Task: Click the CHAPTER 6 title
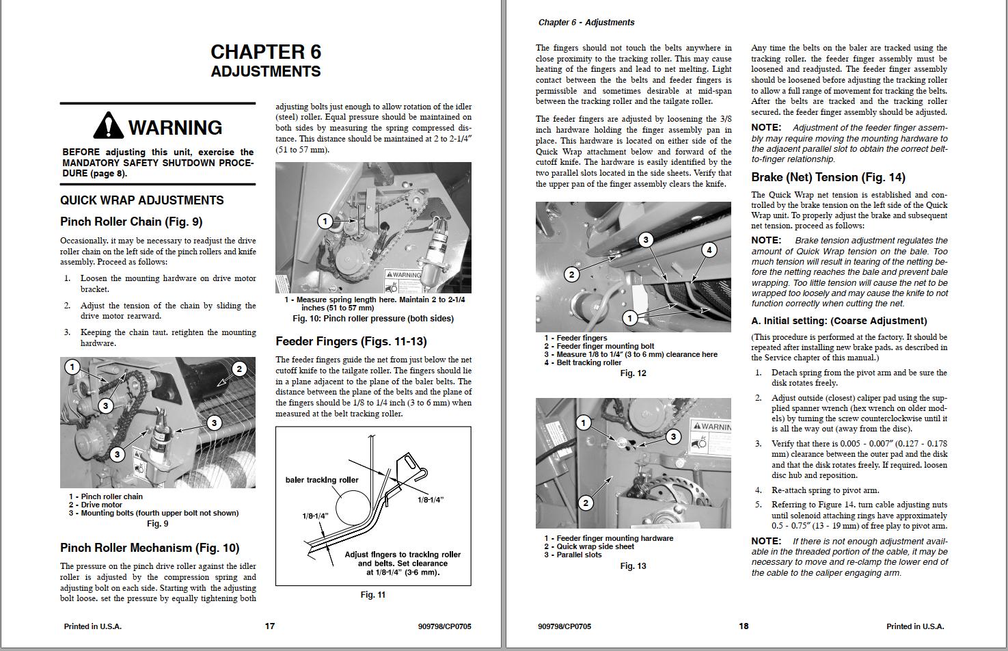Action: (x=265, y=52)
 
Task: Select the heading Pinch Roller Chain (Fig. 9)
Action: (x=131, y=222)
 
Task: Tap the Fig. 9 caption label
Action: (x=157, y=524)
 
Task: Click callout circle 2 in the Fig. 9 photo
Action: (x=239, y=369)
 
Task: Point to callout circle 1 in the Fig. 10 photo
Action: (x=325, y=221)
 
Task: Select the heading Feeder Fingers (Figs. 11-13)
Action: (x=351, y=341)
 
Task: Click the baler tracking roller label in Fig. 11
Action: (x=321, y=480)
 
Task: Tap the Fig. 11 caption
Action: (x=372, y=595)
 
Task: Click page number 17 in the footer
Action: (x=270, y=626)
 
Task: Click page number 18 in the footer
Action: (x=744, y=626)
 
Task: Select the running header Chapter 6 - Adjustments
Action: (x=586, y=23)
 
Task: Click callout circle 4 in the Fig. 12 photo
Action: (x=709, y=250)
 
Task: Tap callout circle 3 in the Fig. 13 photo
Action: (x=673, y=436)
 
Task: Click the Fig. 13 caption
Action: (x=633, y=566)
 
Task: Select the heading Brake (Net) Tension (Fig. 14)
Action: (x=828, y=178)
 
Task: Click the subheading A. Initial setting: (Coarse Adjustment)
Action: (x=839, y=321)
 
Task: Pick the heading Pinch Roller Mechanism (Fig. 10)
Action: (x=150, y=548)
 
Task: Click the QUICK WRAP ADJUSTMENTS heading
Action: (x=141, y=200)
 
